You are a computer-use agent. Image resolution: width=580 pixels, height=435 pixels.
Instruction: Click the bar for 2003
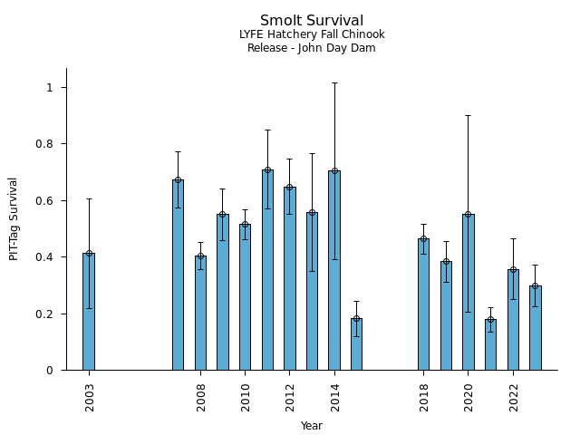[89, 312]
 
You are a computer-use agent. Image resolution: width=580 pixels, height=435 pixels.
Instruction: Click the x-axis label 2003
[90, 396]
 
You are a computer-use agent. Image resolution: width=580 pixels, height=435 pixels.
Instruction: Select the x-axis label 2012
[290, 396]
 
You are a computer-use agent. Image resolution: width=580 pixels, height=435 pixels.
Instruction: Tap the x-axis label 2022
[514, 396]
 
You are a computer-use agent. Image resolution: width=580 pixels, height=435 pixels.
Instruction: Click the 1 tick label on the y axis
[52, 88]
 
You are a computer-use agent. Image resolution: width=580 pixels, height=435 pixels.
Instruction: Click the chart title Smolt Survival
[312, 21]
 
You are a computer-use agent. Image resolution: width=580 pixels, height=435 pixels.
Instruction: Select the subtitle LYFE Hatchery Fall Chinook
[312, 35]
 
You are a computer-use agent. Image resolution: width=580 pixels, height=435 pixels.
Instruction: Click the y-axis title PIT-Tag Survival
[14, 219]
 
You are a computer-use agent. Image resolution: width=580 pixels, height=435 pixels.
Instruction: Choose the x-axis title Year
[312, 426]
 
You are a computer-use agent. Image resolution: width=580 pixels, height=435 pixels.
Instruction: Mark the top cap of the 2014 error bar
[334, 82]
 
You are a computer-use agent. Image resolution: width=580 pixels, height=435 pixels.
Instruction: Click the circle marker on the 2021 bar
[490, 320]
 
